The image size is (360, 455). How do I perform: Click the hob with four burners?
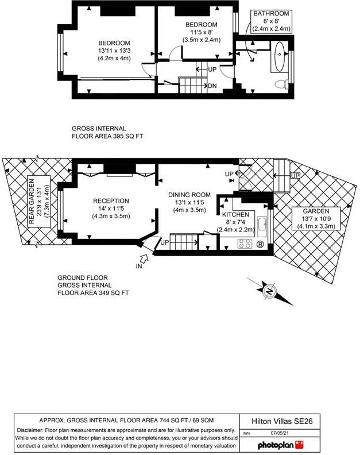click(246, 244)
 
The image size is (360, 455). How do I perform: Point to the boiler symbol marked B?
click(260, 244)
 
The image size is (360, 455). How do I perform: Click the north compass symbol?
click(269, 291)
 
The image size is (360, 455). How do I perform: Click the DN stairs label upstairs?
click(212, 86)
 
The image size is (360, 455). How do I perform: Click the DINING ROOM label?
click(189, 194)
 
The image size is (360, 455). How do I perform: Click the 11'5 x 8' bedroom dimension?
click(200, 32)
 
